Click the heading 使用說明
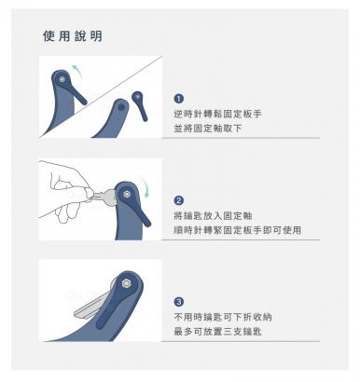73,36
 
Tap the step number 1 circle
178,99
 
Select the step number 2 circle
178,200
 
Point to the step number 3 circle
178,302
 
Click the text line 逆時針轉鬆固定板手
217,114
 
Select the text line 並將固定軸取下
208,129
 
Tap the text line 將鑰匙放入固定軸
213,215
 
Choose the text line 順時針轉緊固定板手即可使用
238,230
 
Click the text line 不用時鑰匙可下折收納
223,317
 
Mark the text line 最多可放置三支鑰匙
217,332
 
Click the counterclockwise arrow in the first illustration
78,71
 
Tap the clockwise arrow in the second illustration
145,186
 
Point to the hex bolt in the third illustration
126,283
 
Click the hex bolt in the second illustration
127,195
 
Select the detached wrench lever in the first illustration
140,105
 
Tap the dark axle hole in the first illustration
121,108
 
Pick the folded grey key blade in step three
90,306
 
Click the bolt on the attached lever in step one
62,79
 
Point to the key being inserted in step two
104,196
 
